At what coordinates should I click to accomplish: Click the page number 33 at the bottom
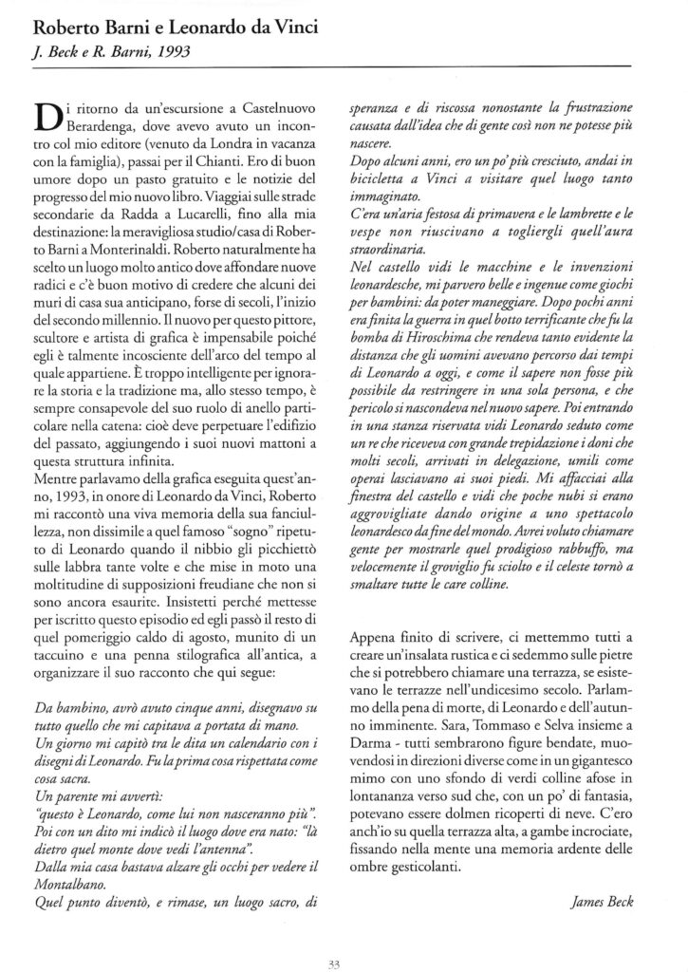pos(343,943)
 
